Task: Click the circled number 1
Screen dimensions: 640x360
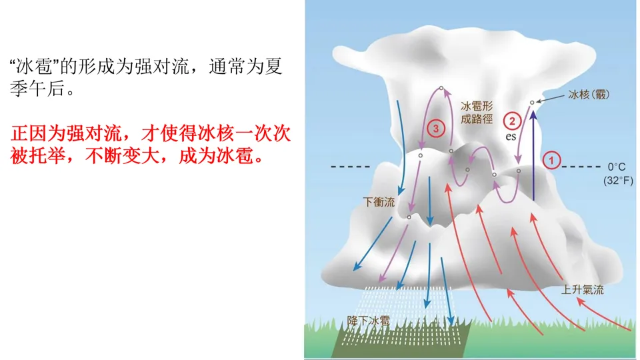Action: (551, 160)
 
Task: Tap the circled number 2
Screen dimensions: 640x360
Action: (512, 121)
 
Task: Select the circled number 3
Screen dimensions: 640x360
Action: (435, 128)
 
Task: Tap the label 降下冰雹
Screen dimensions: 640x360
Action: (369, 321)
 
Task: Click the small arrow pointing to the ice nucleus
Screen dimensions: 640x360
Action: (547, 99)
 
